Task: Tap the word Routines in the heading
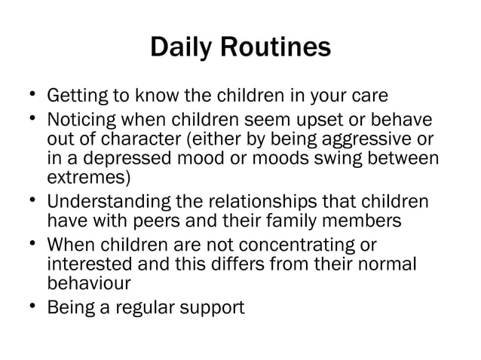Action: click(275, 47)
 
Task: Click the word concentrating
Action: click(303, 246)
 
